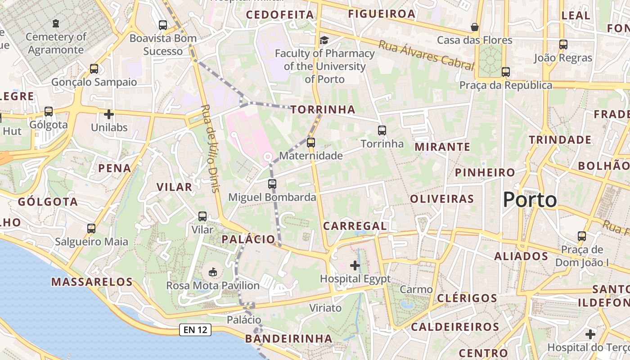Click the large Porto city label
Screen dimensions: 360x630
(530, 199)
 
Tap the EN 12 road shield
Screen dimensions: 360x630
(195, 329)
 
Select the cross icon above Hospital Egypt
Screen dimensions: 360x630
(355, 265)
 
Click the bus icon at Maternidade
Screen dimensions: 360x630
(310, 143)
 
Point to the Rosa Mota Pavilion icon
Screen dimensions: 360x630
(213, 272)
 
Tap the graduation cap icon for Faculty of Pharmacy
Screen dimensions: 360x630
(324, 41)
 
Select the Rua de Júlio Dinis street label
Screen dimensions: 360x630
(210, 148)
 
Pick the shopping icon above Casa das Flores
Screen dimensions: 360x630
(474, 27)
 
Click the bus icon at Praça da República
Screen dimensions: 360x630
(506, 72)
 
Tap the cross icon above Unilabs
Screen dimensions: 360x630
(109, 114)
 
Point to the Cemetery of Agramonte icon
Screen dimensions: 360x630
(56, 23)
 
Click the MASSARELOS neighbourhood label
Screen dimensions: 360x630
(92, 282)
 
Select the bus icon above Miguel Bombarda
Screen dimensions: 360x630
(272, 184)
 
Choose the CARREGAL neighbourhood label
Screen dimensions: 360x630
(355, 226)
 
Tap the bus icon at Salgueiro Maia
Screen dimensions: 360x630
(91, 228)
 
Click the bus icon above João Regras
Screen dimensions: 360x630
(563, 44)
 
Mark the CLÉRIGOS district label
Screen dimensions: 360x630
(467, 298)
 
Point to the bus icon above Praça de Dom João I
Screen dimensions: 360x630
(582, 236)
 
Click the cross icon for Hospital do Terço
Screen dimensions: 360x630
(590, 334)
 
